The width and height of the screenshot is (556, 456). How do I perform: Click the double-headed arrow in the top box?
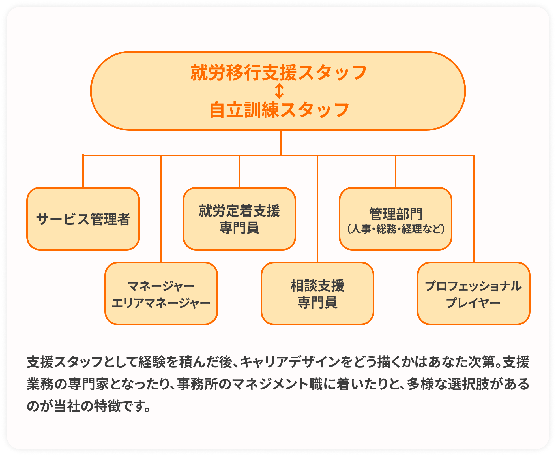point(279,91)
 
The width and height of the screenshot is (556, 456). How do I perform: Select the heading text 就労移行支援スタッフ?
point(279,72)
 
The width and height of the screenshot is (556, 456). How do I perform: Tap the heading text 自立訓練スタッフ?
point(279,110)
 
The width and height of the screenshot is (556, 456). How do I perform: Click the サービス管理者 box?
point(83,219)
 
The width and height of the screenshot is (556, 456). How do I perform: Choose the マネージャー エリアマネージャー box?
point(161,293)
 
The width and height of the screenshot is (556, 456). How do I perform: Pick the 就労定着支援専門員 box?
point(239,219)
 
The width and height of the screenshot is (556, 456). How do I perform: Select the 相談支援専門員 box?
point(317,293)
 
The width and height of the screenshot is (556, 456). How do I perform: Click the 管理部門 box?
point(396,219)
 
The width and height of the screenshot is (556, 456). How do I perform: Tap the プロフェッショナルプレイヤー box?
point(474,293)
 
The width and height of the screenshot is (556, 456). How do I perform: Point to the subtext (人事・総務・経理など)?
point(396,229)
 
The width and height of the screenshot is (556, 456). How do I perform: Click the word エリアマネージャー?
point(161,303)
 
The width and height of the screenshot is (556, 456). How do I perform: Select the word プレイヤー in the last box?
point(473,303)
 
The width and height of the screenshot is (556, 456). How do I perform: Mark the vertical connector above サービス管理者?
point(83,171)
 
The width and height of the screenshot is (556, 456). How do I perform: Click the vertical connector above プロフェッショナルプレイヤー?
point(474,208)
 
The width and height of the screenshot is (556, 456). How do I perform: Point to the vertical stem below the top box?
point(281,143)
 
